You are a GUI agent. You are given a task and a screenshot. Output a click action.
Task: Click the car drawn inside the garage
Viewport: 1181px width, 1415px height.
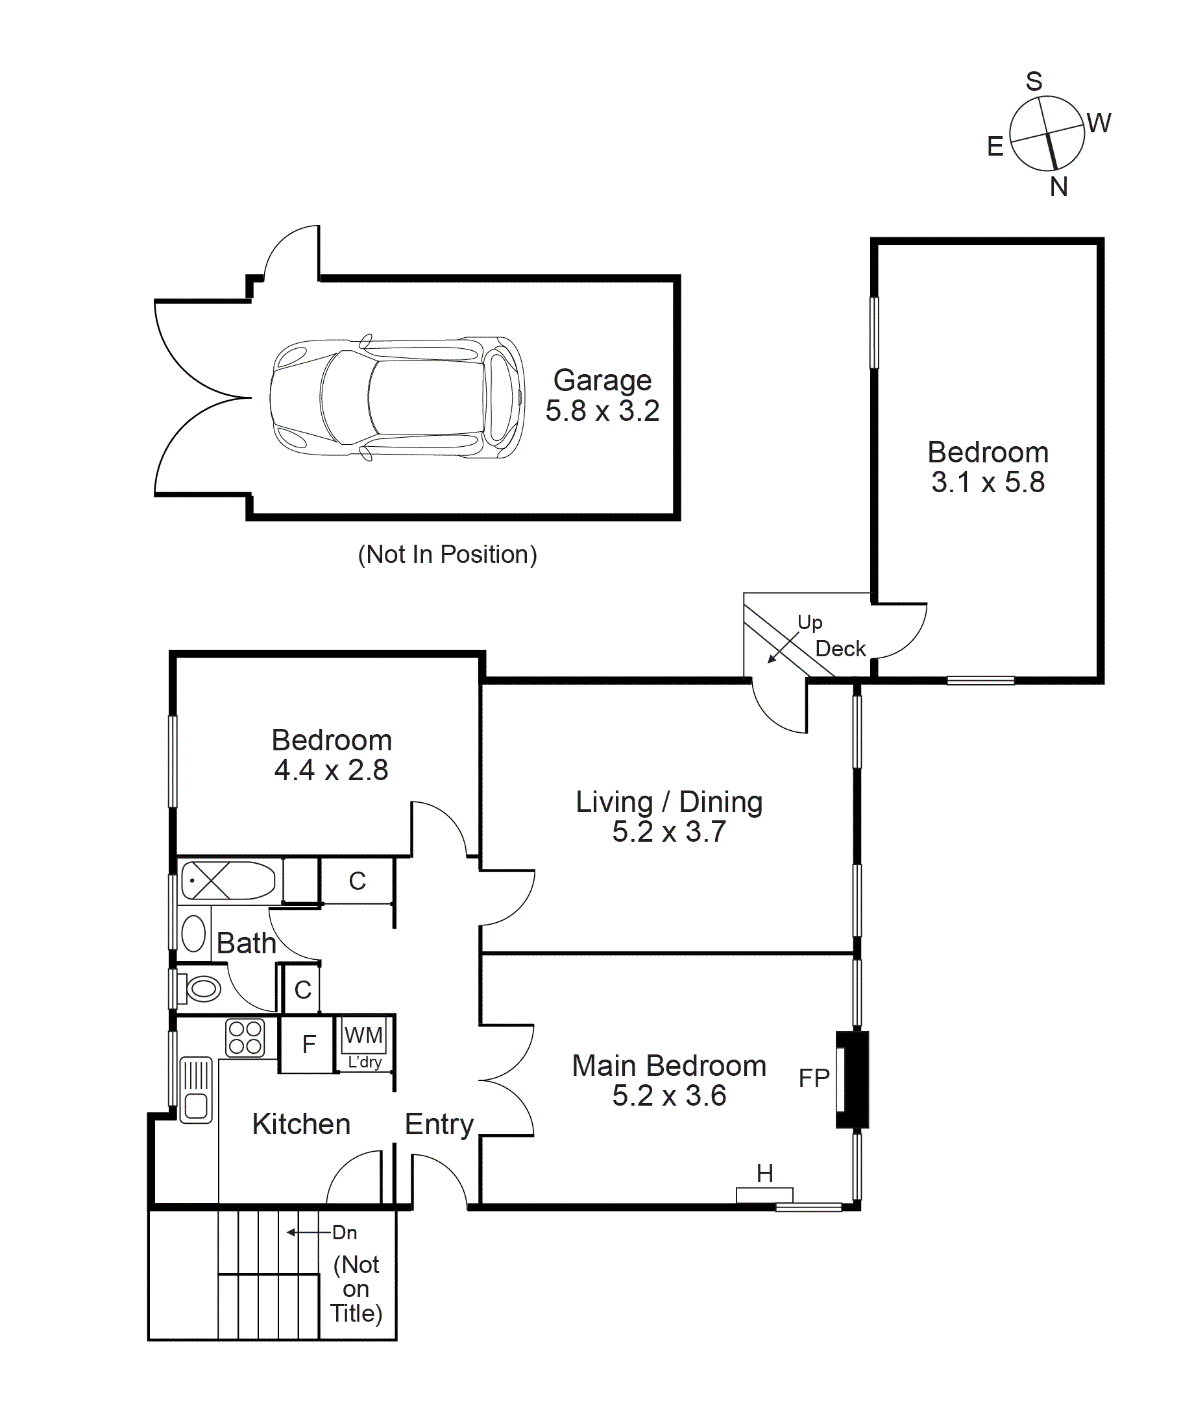(x=397, y=398)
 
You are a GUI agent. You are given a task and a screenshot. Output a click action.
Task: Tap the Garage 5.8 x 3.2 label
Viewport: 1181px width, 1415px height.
(x=602, y=396)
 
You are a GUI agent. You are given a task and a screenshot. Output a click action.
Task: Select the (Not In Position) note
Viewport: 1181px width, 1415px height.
(x=447, y=554)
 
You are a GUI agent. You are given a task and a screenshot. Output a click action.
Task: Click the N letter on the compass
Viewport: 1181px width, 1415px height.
(x=1058, y=187)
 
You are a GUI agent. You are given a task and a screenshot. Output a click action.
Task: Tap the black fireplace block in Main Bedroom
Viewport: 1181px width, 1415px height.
(x=852, y=1080)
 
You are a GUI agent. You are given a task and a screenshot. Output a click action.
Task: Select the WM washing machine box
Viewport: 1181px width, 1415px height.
(x=364, y=1035)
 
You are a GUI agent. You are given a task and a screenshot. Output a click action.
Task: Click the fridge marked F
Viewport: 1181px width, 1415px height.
(x=308, y=1045)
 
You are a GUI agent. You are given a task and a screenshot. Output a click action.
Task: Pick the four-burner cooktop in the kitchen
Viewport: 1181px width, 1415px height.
(x=245, y=1038)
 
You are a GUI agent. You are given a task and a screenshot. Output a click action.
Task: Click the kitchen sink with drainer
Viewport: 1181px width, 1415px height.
(x=196, y=1089)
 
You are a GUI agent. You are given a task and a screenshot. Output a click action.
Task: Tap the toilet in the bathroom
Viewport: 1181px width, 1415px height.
(x=201, y=989)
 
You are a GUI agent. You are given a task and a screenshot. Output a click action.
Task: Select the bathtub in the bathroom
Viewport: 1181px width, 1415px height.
(x=228, y=880)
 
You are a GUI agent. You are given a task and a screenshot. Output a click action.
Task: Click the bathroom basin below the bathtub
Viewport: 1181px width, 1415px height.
(x=193, y=934)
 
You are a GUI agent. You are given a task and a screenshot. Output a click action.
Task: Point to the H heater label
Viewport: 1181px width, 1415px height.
(x=764, y=1174)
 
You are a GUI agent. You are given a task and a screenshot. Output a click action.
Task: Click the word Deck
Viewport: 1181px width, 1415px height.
(x=840, y=649)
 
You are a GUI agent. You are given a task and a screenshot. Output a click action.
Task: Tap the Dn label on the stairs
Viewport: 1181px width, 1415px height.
(x=345, y=1232)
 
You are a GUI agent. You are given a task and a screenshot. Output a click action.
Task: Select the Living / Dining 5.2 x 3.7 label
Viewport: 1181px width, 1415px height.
(x=669, y=816)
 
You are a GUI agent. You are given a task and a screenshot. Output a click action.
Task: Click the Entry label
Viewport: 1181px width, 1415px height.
(x=439, y=1124)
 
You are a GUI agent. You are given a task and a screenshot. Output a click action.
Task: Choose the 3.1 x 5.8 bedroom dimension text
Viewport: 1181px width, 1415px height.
(x=988, y=482)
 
